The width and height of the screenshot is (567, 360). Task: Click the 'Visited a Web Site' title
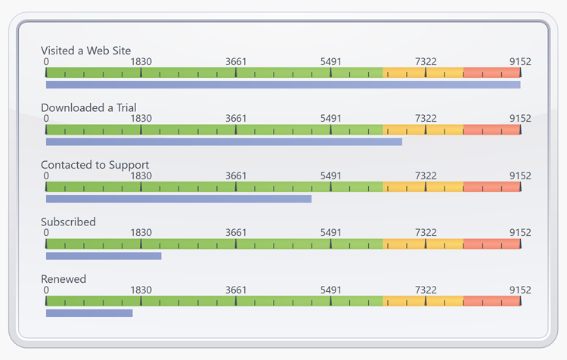[x=85, y=51]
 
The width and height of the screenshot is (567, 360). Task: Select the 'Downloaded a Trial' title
[x=88, y=107]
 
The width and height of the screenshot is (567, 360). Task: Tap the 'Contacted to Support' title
[x=94, y=165]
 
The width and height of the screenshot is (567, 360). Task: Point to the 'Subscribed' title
[x=68, y=222]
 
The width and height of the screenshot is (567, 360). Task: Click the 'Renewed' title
[x=64, y=279]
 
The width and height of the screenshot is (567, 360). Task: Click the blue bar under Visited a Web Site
[x=283, y=85]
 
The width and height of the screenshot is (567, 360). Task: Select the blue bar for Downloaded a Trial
[x=224, y=141]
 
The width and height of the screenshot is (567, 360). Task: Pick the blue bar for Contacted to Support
[x=178, y=199]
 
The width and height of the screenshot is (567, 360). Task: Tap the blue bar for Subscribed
[x=104, y=256]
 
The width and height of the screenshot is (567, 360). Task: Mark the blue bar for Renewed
[x=89, y=313]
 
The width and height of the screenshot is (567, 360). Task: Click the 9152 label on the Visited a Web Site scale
[x=520, y=61]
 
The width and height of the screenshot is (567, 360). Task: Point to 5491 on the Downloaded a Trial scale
[x=330, y=119]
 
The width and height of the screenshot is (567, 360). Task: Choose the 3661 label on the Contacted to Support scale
[x=236, y=175]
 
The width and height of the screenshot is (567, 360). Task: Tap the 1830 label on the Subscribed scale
[x=141, y=233]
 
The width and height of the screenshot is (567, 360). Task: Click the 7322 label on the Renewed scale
[x=426, y=290]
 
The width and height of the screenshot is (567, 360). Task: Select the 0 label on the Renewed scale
[x=46, y=290]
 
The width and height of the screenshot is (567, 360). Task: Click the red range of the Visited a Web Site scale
[x=491, y=73]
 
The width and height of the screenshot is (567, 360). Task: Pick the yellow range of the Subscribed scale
[x=423, y=244]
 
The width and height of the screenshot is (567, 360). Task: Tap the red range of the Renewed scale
[x=491, y=301]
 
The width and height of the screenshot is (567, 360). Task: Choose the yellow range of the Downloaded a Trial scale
[x=423, y=130]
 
